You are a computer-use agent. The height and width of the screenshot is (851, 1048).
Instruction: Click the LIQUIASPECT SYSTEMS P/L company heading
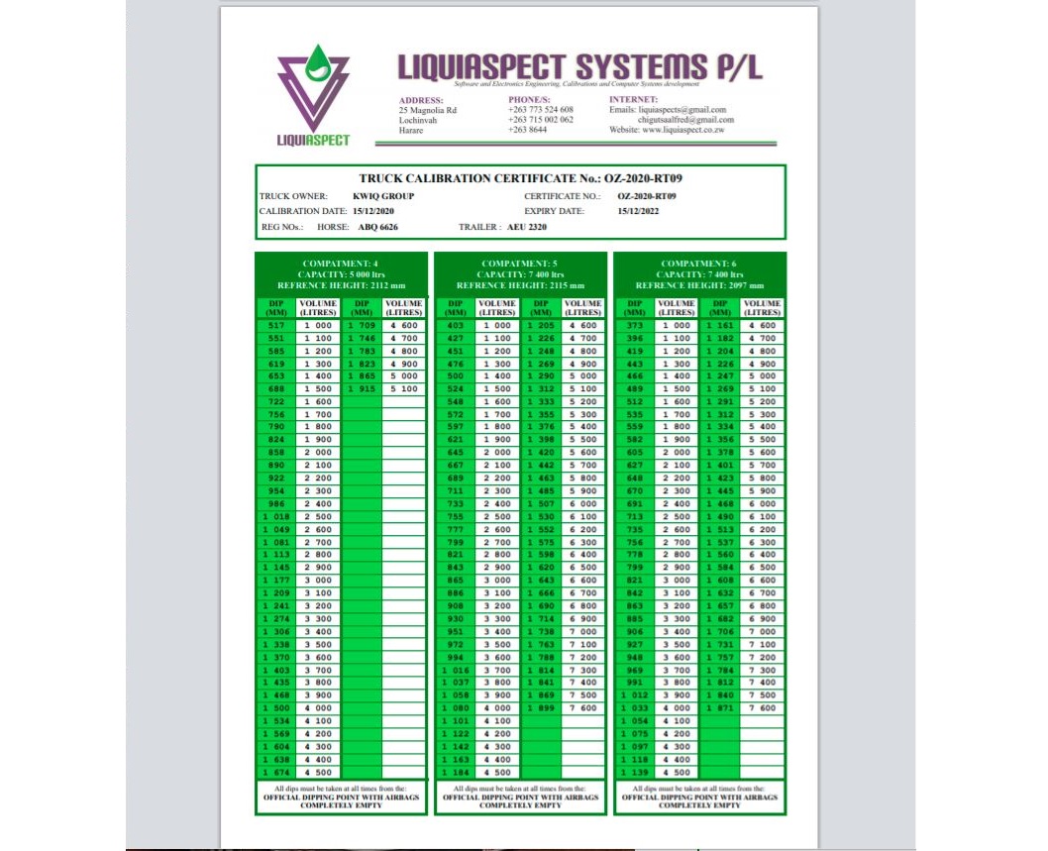click(580, 66)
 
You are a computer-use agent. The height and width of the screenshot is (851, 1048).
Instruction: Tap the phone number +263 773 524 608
click(541, 110)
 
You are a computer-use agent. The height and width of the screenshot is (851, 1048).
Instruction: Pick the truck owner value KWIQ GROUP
click(383, 196)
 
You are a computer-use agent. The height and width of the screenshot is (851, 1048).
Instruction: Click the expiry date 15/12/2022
click(641, 211)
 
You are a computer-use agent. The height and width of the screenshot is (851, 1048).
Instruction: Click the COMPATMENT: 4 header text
click(341, 264)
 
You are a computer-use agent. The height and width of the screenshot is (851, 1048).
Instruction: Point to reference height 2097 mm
click(699, 284)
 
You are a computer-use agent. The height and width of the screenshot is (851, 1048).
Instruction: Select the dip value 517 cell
click(276, 325)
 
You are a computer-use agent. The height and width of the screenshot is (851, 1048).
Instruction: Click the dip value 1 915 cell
click(362, 389)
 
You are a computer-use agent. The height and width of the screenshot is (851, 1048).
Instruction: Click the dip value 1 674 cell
click(276, 772)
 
